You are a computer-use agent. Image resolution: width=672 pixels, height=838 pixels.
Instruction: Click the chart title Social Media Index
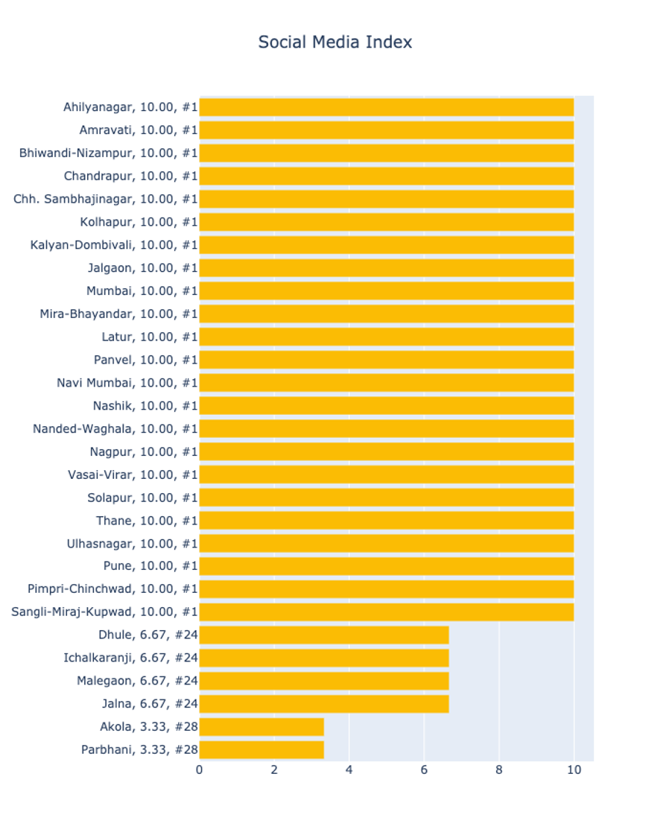pyautogui.click(x=335, y=42)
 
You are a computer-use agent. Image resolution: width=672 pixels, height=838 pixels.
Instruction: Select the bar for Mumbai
pyautogui.click(x=386, y=291)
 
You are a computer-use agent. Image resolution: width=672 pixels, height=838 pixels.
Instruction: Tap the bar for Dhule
pyautogui.click(x=323, y=635)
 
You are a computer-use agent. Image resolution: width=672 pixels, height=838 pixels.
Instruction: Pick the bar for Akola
pyautogui.click(x=261, y=727)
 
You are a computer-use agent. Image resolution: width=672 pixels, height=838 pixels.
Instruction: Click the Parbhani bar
pyautogui.click(x=261, y=749)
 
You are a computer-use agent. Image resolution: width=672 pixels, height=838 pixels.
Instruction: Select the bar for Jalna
pyautogui.click(x=323, y=704)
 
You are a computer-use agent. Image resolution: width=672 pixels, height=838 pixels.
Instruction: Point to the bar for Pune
pyautogui.click(x=386, y=566)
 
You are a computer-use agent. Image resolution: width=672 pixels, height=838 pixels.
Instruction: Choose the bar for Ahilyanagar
pyautogui.click(x=386, y=107)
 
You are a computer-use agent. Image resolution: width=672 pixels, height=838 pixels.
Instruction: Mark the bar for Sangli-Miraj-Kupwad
pyautogui.click(x=386, y=612)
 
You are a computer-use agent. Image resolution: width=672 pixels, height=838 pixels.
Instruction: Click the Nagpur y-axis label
pyautogui.click(x=144, y=451)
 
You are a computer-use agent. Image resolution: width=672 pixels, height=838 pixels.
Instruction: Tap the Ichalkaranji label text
pyautogui.click(x=130, y=658)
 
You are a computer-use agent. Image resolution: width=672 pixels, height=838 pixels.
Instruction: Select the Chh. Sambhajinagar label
pyautogui.click(x=105, y=199)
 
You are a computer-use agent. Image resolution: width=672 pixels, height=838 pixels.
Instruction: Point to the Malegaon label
pyautogui.click(x=137, y=681)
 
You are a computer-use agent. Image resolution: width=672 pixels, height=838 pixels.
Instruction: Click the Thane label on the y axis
pyautogui.click(x=147, y=520)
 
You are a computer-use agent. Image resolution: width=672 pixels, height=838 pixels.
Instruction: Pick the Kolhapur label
pyautogui.click(x=139, y=222)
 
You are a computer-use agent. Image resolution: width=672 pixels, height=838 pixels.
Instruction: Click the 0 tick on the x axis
pyautogui.click(x=199, y=770)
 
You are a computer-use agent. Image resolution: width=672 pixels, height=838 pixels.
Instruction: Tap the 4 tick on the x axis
pyautogui.click(x=349, y=770)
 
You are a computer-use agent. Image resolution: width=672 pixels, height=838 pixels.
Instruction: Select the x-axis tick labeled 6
pyautogui.click(x=424, y=770)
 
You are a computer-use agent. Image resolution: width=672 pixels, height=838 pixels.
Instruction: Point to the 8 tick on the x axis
pyautogui.click(x=499, y=770)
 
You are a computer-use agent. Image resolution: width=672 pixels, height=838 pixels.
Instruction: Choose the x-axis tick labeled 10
pyautogui.click(x=574, y=770)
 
